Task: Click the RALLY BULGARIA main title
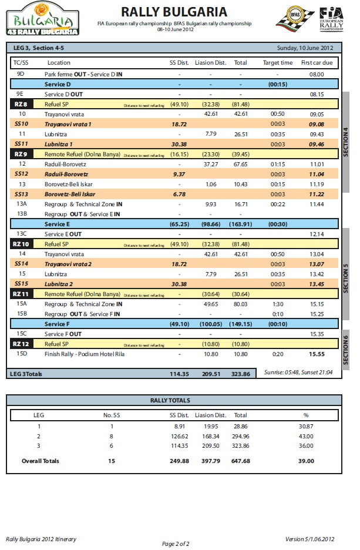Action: pyautogui.click(x=174, y=12)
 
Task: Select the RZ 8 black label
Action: pyautogui.click(x=21, y=104)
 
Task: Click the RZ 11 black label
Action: pyautogui.click(x=21, y=294)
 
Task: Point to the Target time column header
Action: pyautogui.click(x=277, y=62)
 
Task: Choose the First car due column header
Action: pyautogui.click(x=317, y=62)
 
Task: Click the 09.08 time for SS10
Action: pyautogui.click(x=317, y=124)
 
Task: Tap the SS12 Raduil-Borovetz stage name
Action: pyautogui.click(x=66, y=175)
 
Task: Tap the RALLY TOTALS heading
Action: pyautogui.click(x=174, y=400)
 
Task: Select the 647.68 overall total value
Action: pyautogui.click(x=241, y=461)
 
